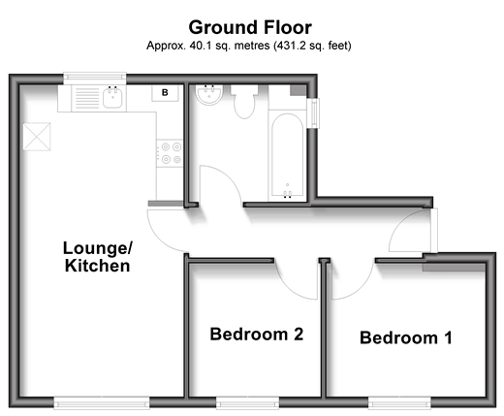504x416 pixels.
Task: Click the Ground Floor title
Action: coord(250,28)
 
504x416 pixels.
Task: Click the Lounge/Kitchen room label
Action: coord(98,257)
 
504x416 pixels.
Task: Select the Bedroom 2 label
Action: coord(257,335)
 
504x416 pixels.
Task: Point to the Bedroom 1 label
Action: coord(406,337)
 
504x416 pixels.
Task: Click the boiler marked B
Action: coord(165,93)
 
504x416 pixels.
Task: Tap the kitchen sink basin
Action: coord(112,98)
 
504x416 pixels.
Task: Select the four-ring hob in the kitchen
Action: coord(170,153)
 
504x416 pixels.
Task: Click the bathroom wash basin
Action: coord(209,95)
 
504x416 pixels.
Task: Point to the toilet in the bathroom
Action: coord(244,101)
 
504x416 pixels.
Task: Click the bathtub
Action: coord(287,155)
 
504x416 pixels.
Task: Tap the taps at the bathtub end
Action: coord(287,194)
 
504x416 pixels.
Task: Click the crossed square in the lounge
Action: coord(37,137)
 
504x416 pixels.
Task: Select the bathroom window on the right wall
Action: coord(313,113)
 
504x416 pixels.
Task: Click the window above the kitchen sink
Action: coord(95,77)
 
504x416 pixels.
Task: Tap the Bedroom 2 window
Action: coord(248,402)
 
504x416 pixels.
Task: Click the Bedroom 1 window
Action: coord(399,402)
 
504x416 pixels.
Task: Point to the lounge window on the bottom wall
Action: coord(102,402)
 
